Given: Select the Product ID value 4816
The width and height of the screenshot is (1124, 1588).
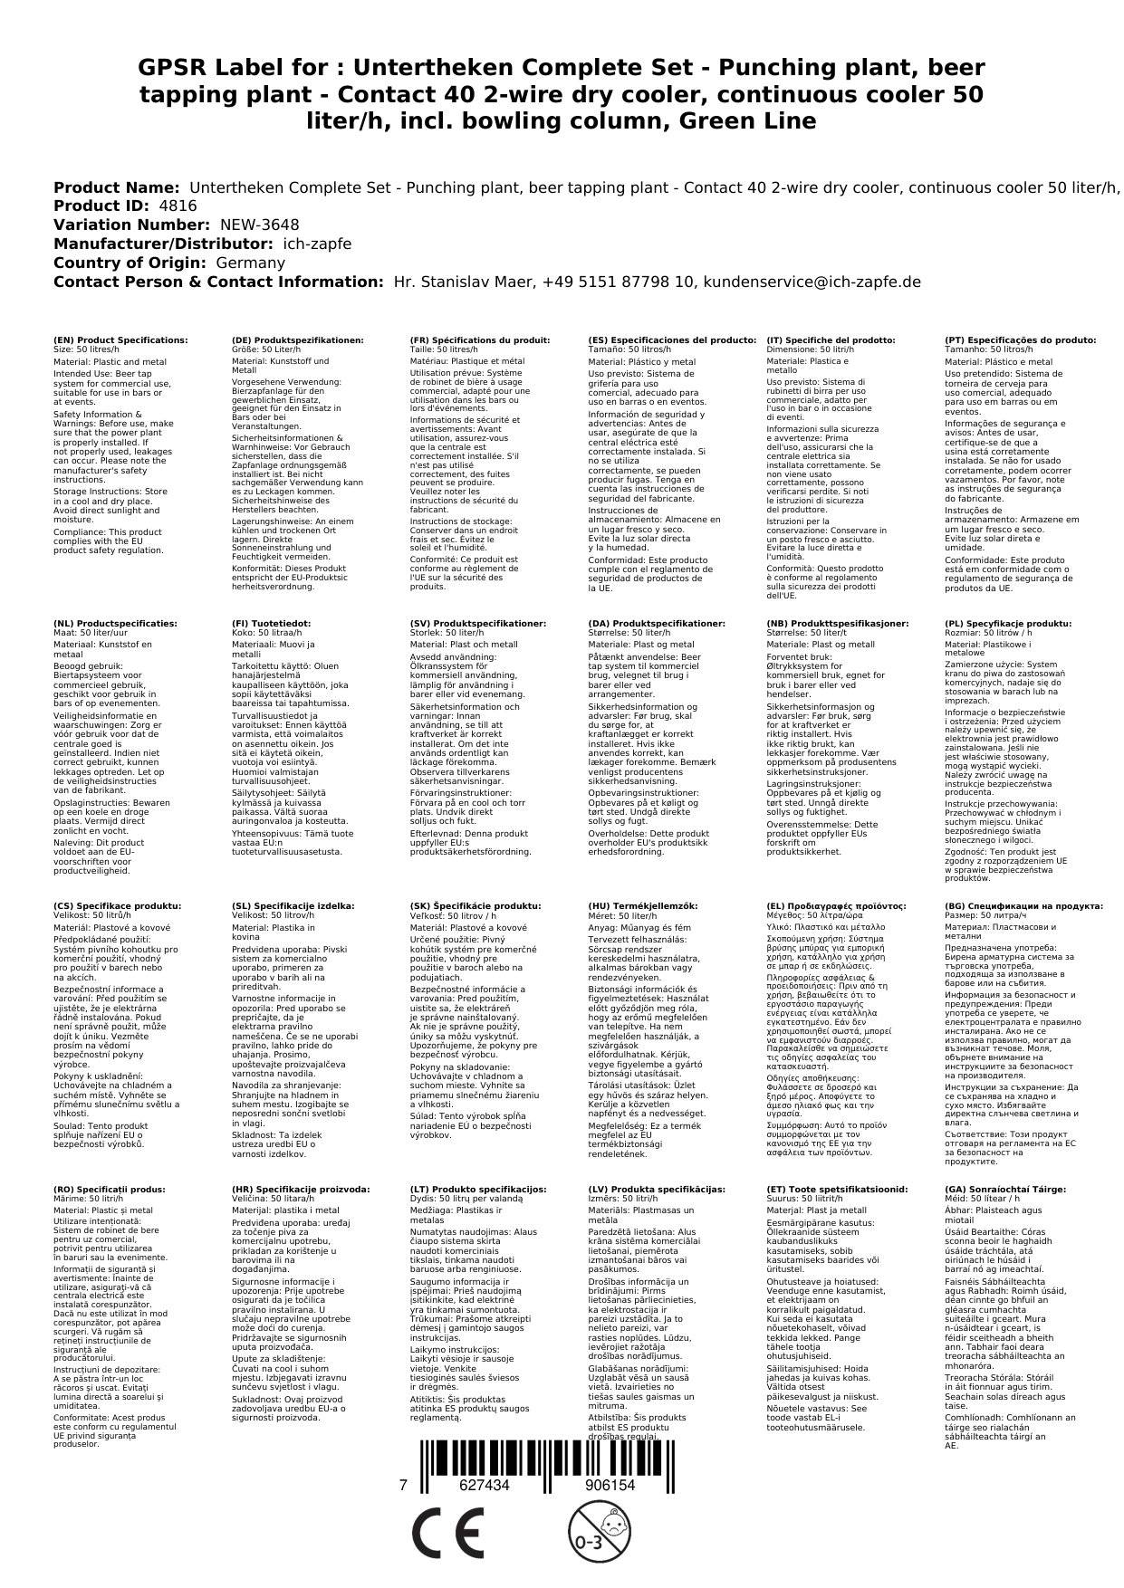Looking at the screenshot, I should point(178,206).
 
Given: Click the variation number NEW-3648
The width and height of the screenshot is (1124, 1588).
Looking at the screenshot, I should point(259,225).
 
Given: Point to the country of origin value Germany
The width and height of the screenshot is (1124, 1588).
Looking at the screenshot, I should point(250,263).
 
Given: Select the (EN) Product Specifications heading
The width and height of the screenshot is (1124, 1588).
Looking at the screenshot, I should point(120,340).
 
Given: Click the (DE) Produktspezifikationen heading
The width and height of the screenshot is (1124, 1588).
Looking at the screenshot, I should point(297,340).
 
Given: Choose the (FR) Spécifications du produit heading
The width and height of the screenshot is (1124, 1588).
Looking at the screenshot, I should point(479,340).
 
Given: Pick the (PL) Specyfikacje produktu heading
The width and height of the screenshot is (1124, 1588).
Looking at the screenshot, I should point(1007,624).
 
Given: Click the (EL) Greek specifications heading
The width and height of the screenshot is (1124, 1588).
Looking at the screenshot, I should point(836,906).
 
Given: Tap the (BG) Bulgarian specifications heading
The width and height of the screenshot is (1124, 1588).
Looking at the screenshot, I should point(1023,906).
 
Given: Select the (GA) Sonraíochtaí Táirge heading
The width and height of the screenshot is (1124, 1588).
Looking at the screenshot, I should point(993,1190).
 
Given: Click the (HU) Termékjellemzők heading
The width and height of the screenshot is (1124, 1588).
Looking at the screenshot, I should point(642,906).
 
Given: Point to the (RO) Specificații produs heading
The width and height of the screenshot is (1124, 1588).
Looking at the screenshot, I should point(110,1190).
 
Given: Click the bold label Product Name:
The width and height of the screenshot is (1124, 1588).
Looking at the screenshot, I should point(116,187).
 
